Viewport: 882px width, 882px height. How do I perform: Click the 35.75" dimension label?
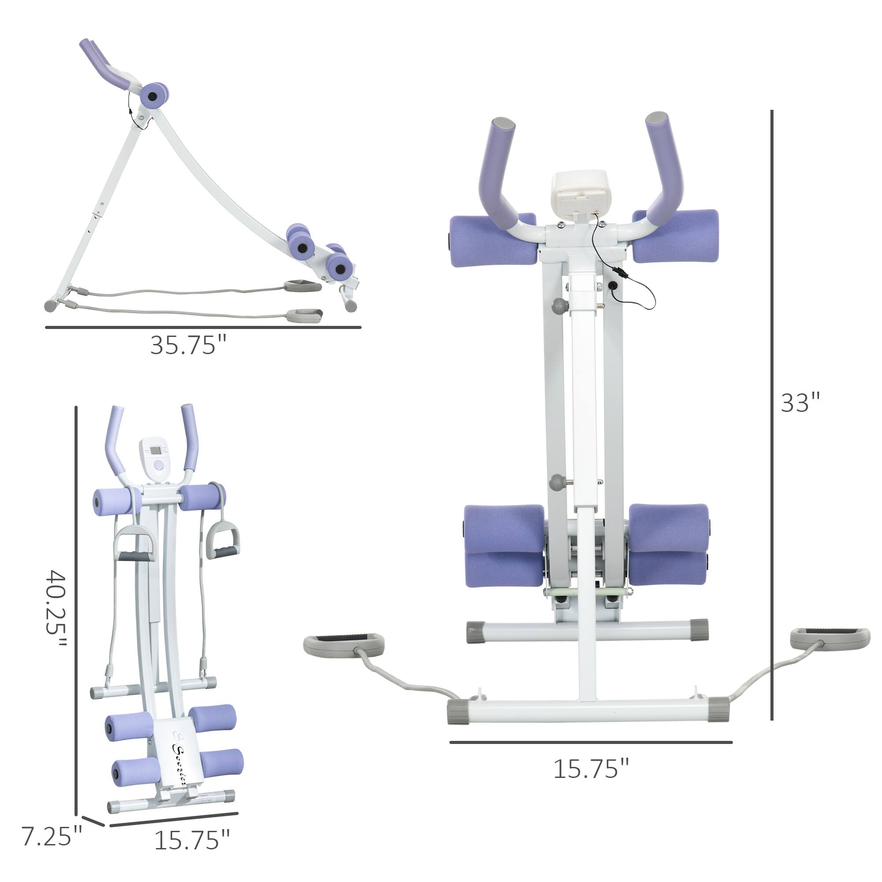point(188,346)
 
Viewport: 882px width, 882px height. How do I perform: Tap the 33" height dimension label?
point(800,403)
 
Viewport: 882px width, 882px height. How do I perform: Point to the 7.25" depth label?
point(52,836)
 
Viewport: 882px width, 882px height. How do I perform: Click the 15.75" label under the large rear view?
point(591,769)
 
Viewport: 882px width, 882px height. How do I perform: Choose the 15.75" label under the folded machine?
point(192,840)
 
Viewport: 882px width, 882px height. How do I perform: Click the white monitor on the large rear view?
point(580,191)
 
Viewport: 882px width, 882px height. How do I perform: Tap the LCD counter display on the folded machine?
point(156,451)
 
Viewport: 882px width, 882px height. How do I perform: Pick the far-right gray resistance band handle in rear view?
point(830,638)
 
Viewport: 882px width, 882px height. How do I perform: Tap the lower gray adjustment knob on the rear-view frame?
point(557,482)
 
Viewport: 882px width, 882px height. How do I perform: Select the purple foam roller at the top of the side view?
point(154,95)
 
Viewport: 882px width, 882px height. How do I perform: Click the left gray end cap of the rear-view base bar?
point(458,712)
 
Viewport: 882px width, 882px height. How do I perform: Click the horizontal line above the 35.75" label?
point(203,327)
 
